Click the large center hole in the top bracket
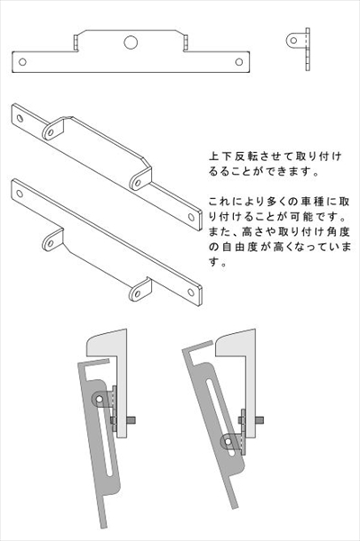pos(130,42)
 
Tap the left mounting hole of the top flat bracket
pos(22,62)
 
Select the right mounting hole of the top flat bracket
pos(239,62)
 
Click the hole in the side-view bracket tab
pos(293,41)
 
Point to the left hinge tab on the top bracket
pos(76,41)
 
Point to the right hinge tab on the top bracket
pos(186,41)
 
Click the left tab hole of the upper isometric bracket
pos(50,132)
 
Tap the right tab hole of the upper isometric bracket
pos(138,183)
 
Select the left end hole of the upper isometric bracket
pos(20,118)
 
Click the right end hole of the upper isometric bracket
pos(191,217)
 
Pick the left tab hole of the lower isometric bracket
pos(50,243)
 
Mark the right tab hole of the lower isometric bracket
pos(137,294)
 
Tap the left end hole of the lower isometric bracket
pos(20,194)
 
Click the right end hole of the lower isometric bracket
pos(191,293)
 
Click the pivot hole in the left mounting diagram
pos(100,399)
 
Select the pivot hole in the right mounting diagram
pos(228,440)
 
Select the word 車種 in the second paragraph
pos(308,202)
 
